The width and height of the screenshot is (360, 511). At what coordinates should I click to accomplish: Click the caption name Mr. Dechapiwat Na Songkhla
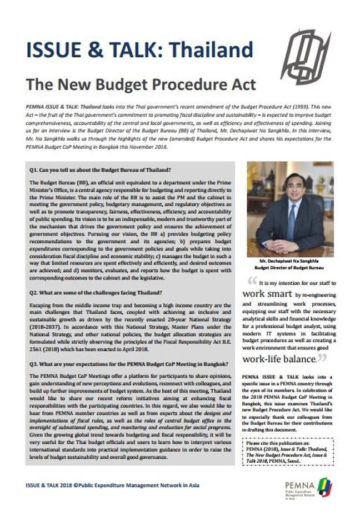(x=290, y=260)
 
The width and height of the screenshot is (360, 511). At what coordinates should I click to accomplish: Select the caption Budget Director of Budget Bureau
(x=290, y=267)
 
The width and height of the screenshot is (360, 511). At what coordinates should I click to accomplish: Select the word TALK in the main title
(x=126, y=51)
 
